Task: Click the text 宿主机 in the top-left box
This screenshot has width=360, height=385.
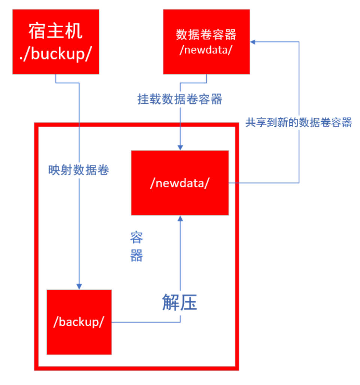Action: (x=55, y=32)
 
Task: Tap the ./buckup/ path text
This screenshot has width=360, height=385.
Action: (x=55, y=54)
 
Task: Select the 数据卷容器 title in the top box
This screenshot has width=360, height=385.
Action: (x=206, y=35)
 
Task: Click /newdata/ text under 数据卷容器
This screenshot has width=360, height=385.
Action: (x=206, y=50)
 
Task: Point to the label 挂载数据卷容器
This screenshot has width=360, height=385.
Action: (x=180, y=99)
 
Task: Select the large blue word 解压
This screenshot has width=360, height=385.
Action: (x=180, y=302)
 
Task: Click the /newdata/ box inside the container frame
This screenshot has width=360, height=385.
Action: (x=180, y=183)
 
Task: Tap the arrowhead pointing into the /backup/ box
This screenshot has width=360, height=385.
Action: (x=79, y=286)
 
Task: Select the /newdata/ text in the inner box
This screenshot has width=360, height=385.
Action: (x=180, y=183)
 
